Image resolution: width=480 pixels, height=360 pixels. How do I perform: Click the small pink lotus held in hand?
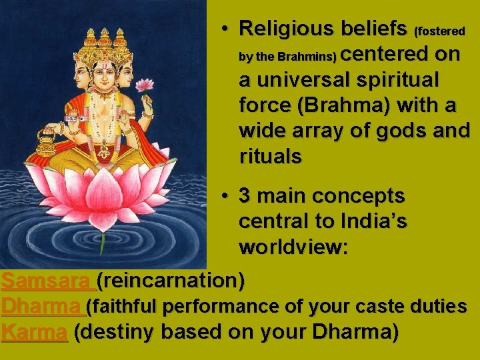click(144, 85)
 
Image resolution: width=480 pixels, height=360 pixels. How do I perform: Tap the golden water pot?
click(46, 141)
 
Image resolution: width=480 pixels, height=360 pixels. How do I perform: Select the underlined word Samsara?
click(47, 281)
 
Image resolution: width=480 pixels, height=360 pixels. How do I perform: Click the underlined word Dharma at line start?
click(41, 307)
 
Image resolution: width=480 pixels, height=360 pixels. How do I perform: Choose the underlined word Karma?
click(35, 332)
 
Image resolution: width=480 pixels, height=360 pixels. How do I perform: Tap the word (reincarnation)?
click(171, 281)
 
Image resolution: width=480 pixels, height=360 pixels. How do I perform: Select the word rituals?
click(270, 157)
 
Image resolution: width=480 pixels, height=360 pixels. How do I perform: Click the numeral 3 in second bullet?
click(245, 196)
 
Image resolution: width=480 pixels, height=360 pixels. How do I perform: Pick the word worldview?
click(293, 247)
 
